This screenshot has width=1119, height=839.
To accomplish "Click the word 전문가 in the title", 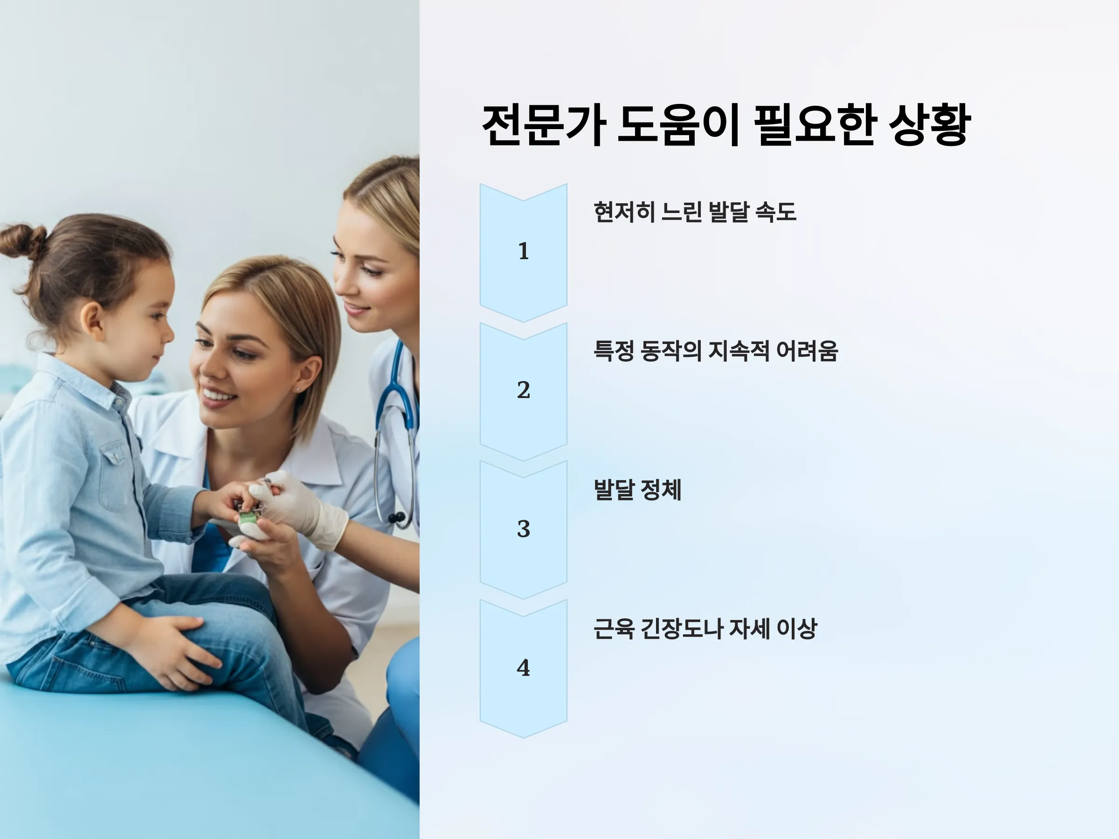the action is tap(544, 125).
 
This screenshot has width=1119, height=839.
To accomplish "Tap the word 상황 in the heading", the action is tap(929, 125).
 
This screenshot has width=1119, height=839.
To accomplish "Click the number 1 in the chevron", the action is tap(524, 251).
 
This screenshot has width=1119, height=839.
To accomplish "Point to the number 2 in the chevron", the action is tap(524, 390).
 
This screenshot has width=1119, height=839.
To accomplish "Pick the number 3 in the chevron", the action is tap(524, 529).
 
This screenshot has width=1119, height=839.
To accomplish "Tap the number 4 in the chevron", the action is tap(524, 667).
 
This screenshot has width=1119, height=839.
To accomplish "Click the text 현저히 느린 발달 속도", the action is tap(695, 212).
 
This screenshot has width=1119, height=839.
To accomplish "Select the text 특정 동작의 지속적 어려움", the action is tap(716, 351).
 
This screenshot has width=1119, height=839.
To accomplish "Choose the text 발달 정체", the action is tap(637, 489).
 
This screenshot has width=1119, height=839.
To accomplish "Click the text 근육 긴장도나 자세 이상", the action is tap(705, 629).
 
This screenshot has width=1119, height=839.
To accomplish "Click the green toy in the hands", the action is tap(249, 517).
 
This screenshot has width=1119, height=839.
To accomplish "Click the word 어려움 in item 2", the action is tap(807, 351).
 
